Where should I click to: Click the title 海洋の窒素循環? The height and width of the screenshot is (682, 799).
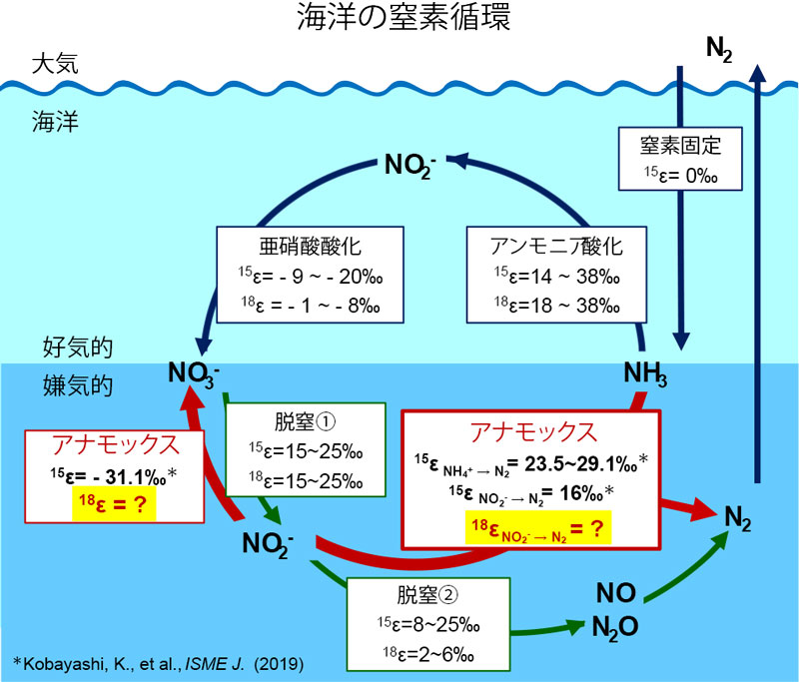click(399, 19)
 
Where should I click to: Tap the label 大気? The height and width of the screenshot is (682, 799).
click(55, 66)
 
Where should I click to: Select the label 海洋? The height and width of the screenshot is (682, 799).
click(55, 124)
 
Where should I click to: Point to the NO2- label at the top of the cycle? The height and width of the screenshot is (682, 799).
click(412, 164)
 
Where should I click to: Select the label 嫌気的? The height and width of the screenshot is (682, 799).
click(76, 382)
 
